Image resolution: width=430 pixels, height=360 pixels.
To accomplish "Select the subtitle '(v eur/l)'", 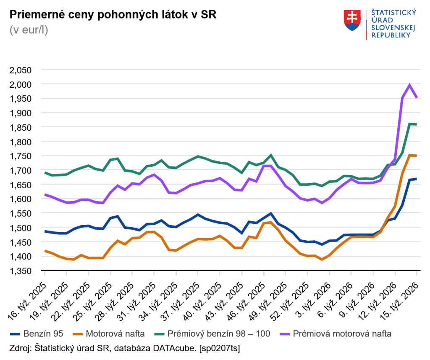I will click(x=29, y=30).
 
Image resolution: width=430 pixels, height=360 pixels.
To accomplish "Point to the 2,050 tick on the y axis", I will click(x=21, y=70).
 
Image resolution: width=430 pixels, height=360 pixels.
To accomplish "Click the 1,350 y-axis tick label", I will click(x=21, y=271).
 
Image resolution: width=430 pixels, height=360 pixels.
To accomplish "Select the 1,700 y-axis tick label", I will click(x=21, y=171).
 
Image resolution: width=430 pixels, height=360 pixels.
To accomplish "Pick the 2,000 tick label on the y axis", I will click(x=21, y=84).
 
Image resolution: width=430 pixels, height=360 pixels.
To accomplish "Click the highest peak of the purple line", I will click(x=409, y=85).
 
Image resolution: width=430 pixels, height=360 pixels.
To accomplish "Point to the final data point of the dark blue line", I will click(x=416, y=179).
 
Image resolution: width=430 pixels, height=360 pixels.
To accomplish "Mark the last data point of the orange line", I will click(x=416, y=155).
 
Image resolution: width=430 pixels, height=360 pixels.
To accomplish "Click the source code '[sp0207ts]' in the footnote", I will click(x=220, y=348).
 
